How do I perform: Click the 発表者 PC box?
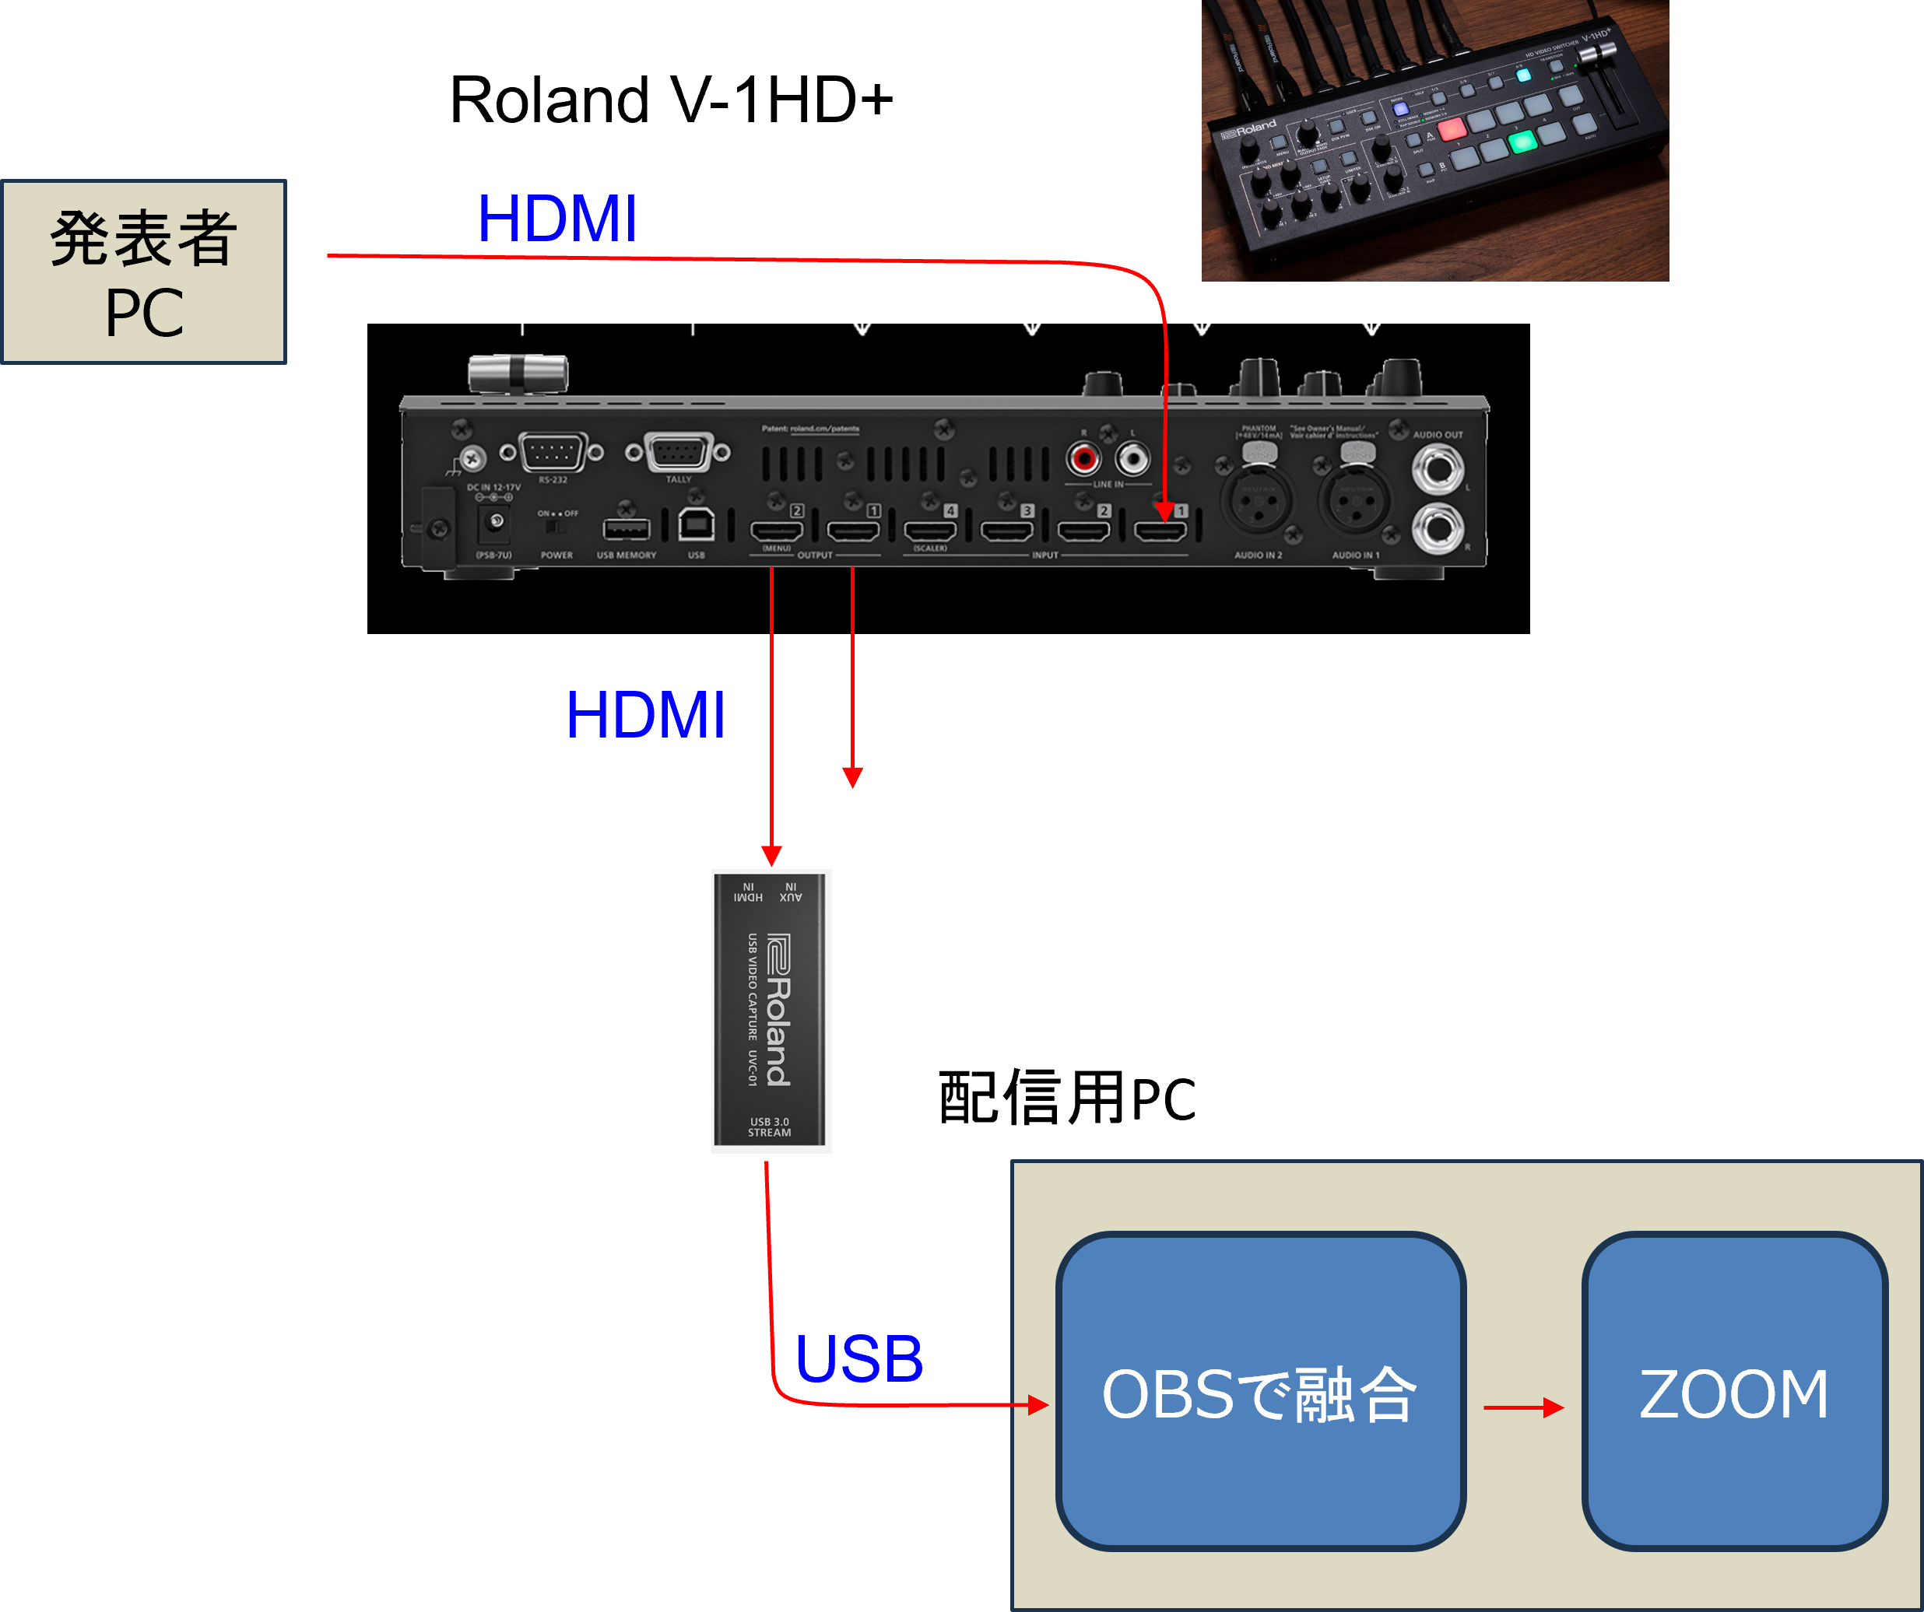tap(144, 272)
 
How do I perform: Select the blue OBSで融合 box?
tap(1260, 1391)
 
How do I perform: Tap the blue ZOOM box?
tap(1733, 1391)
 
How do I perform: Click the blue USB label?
tap(858, 1359)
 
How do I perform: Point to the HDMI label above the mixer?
tap(557, 220)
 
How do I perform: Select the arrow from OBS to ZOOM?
tap(1522, 1407)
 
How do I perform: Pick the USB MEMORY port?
tap(626, 528)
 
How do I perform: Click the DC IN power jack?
tap(496, 522)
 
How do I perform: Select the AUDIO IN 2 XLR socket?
tap(1258, 503)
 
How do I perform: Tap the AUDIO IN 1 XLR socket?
tap(1354, 503)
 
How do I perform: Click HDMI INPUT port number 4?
tap(930, 531)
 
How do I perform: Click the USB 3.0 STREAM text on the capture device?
tap(770, 1127)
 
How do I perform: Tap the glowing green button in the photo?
tap(1522, 142)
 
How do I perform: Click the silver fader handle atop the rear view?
tap(518, 373)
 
